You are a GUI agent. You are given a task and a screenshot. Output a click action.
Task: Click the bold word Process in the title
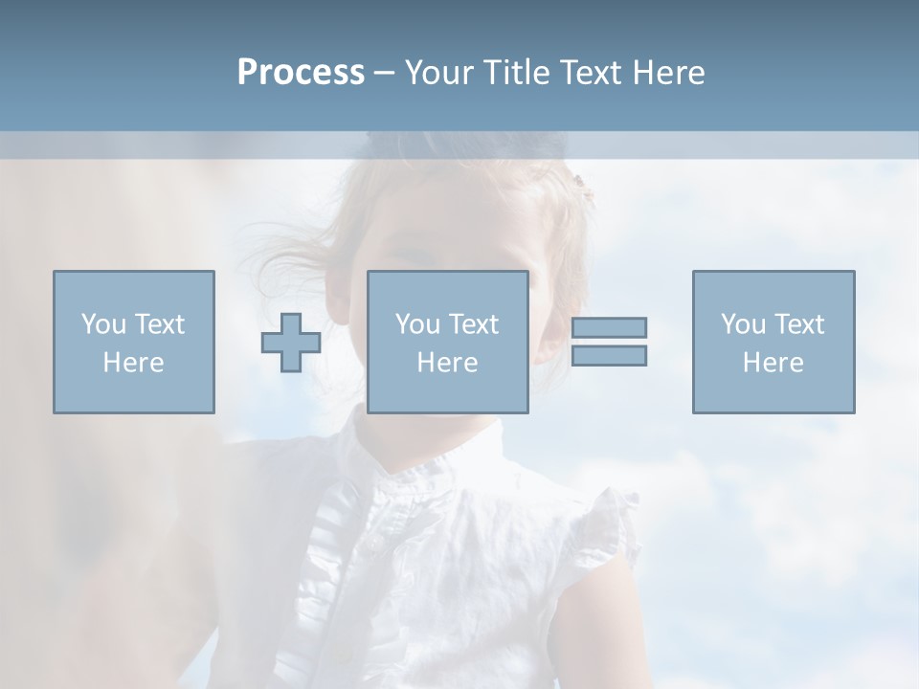pos(301,73)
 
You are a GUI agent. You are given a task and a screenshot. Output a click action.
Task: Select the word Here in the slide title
pos(667,73)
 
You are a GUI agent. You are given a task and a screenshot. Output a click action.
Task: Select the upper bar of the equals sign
pos(609,327)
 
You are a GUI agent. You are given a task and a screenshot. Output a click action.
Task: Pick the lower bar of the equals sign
pos(609,355)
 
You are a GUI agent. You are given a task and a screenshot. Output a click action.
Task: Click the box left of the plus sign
pos(133,343)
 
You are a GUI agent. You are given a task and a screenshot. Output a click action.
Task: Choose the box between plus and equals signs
pos(447,343)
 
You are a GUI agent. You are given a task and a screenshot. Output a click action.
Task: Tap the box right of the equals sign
pos(773,343)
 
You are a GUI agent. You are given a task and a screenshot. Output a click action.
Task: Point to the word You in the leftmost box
pos(101,324)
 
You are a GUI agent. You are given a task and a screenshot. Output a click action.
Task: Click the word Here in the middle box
pos(447,363)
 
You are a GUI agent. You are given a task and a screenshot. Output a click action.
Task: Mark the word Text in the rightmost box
pos(799,324)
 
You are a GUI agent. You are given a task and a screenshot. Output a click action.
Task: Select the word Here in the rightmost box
pos(773,363)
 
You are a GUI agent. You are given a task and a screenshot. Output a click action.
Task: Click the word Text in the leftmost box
pos(159,324)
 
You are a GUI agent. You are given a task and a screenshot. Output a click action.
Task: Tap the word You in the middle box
pos(416,324)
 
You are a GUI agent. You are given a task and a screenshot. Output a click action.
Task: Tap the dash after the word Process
pos(385,74)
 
